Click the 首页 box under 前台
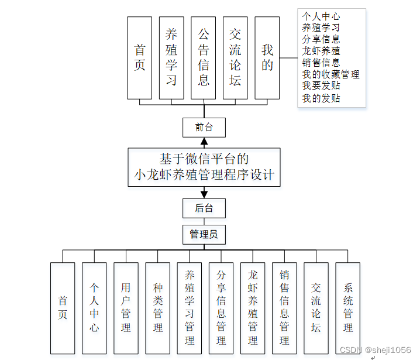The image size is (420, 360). coord(139,57)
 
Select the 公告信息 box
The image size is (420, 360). coord(204,57)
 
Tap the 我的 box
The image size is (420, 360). coord(267,57)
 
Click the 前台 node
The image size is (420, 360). coord(204,127)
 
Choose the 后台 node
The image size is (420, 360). coord(204,208)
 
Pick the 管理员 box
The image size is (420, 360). coord(204,235)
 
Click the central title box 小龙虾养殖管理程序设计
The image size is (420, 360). coord(204,167)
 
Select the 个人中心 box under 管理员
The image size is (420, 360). coord(94,308)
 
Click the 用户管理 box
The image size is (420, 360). coord(126,308)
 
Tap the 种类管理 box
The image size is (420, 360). coord(158,308)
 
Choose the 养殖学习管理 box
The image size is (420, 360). coord(190,308)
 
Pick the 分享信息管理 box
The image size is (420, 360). coord(221,308)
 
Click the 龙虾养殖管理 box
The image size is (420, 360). coord(253,308)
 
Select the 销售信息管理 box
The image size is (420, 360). coord(284,308)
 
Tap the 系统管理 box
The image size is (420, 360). coord(348,308)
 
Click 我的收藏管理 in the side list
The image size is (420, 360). coord(331,74)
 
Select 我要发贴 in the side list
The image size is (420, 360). coord(321,86)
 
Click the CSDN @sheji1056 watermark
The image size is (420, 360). coord(375,349)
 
